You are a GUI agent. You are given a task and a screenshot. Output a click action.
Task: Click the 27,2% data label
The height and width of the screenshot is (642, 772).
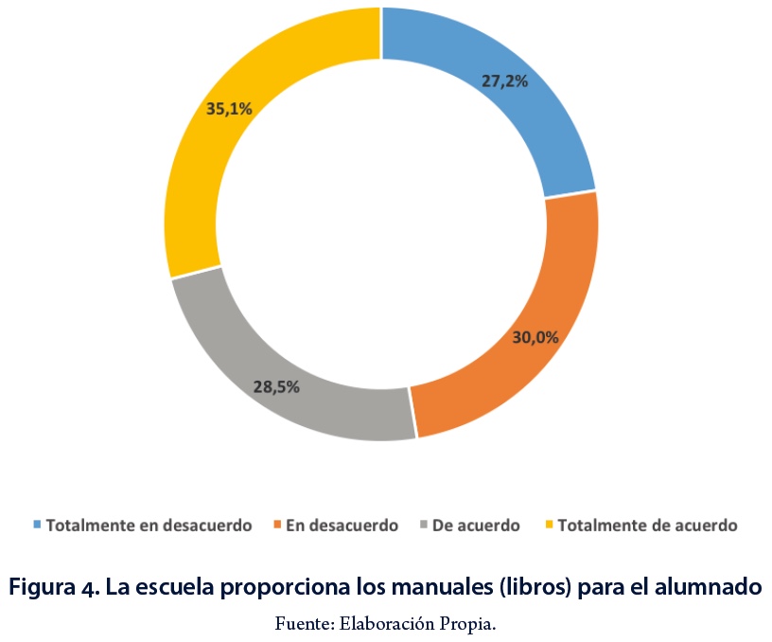[504, 81]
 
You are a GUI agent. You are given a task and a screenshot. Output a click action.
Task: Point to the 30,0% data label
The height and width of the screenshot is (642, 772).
[535, 336]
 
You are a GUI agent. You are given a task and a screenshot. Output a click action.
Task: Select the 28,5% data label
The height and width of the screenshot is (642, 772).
[277, 386]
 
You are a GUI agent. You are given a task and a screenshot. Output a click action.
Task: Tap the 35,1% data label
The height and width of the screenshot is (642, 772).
[229, 109]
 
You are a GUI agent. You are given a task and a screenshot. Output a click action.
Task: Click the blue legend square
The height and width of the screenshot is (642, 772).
[38, 525]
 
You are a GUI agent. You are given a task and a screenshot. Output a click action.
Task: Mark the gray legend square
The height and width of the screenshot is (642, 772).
[423, 525]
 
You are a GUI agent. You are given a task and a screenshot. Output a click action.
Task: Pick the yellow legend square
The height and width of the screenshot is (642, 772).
[549, 525]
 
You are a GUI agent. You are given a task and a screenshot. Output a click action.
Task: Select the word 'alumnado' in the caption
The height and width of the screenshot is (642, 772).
[707, 587]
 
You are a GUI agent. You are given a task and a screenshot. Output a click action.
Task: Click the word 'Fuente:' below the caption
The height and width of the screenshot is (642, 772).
[297, 624]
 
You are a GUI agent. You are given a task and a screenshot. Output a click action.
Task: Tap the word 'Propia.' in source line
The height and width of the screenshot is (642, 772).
[470, 624]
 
